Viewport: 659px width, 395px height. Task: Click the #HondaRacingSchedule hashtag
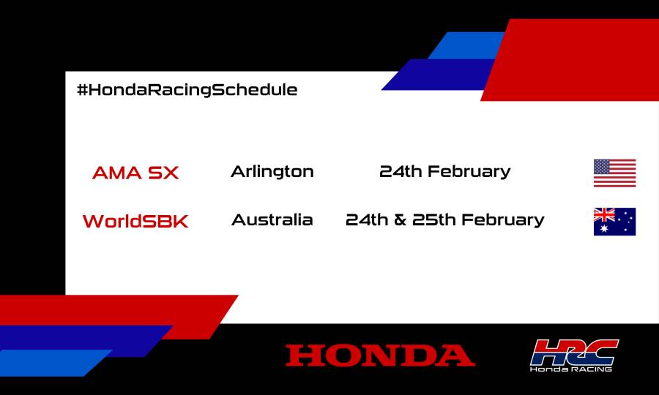click(x=187, y=90)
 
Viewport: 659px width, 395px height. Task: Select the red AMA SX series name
click(x=135, y=173)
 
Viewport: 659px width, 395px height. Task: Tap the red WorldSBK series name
click(x=135, y=221)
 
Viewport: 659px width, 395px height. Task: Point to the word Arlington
click(x=272, y=172)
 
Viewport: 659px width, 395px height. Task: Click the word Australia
click(x=272, y=219)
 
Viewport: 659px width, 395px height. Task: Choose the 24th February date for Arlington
click(x=444, y=172)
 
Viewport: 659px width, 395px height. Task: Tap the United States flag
click(x=614, y=173)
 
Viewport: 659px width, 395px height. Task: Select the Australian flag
click(x=614, y=222)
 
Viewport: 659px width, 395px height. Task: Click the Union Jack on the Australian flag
click(x=604, y=214)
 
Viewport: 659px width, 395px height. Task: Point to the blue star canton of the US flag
click(x=602, y=166)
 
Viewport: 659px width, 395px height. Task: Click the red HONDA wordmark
click(x=380, y=355)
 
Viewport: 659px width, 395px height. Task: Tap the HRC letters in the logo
click(x=574, y=350)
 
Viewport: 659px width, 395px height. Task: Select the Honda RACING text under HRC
click(x=571, y=369)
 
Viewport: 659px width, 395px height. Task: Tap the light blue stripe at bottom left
click(x=51, y=362)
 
